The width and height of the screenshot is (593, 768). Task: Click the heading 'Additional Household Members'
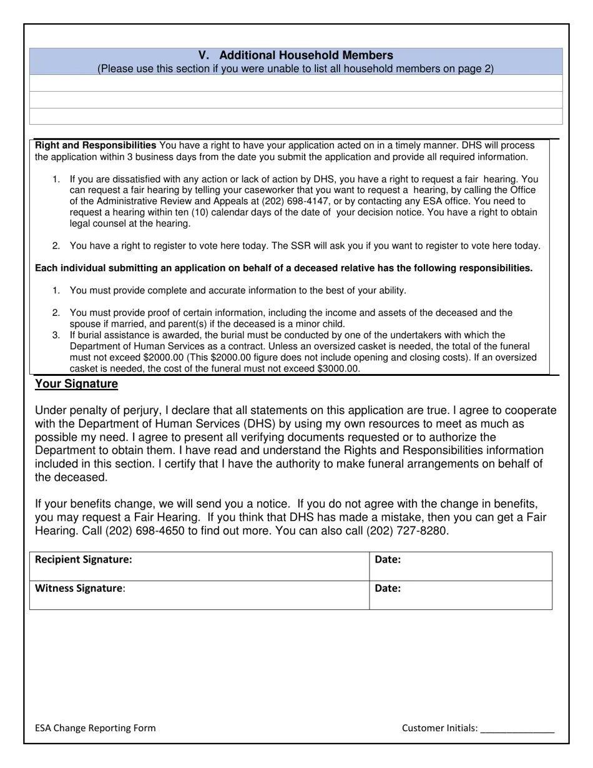306,56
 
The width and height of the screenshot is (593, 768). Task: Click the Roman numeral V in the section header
203,56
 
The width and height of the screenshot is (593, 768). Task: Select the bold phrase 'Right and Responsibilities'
96,145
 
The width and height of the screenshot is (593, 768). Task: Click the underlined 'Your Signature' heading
76,384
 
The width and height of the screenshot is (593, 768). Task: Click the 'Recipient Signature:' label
84,560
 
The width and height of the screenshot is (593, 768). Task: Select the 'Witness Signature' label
79,588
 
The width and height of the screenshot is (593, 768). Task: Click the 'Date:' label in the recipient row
388,560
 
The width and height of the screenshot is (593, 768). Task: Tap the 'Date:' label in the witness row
388,588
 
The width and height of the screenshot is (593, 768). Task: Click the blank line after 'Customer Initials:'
517,729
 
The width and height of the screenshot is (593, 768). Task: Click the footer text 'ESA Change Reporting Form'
96,728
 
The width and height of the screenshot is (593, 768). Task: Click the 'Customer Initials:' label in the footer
440,728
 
